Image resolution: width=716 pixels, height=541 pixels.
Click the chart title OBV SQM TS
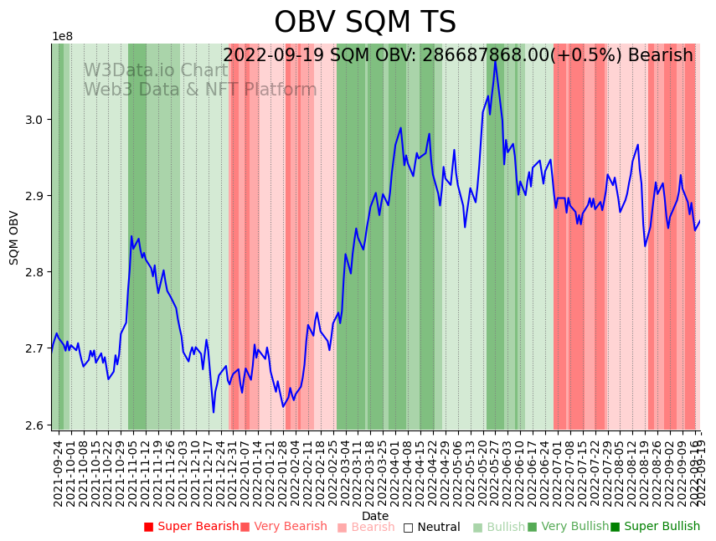(365, 23)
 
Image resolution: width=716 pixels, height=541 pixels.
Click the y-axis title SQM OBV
(14, 237)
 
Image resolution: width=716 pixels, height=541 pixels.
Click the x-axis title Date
(375, 516)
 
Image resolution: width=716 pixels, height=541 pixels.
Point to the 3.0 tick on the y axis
(35, 120)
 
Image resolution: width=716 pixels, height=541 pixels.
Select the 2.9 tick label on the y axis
(35, 196)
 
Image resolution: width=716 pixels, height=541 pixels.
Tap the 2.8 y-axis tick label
(35, 272)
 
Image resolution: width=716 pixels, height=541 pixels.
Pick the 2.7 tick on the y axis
(35, 348)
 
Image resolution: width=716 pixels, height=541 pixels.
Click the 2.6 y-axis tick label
(35, 425)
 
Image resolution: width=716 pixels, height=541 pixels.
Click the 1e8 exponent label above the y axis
(62, 37)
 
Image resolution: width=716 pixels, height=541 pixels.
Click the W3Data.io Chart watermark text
(155, 71)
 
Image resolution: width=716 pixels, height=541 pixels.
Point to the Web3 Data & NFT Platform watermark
(199, 90)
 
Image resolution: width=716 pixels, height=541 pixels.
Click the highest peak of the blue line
(495, 60)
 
